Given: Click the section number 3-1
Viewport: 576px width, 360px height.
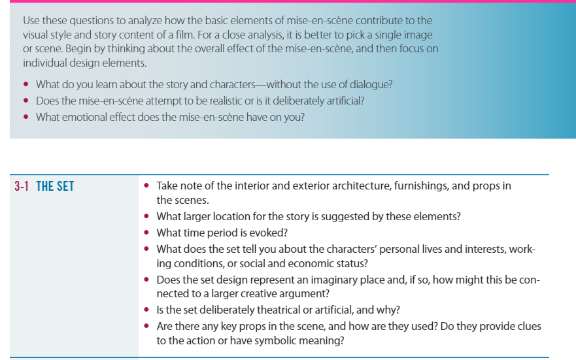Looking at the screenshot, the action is [x=22, y=186].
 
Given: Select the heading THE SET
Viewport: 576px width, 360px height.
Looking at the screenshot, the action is [x=55, y=186].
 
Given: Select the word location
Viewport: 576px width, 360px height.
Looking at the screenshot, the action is [x=231, y=216].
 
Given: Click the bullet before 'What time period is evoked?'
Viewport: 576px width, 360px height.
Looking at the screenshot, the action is [x=146, y=233].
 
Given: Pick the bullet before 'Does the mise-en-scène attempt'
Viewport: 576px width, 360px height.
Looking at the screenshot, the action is [x=25, y=100].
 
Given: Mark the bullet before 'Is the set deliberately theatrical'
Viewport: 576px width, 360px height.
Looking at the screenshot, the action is [x=146, y=309].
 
